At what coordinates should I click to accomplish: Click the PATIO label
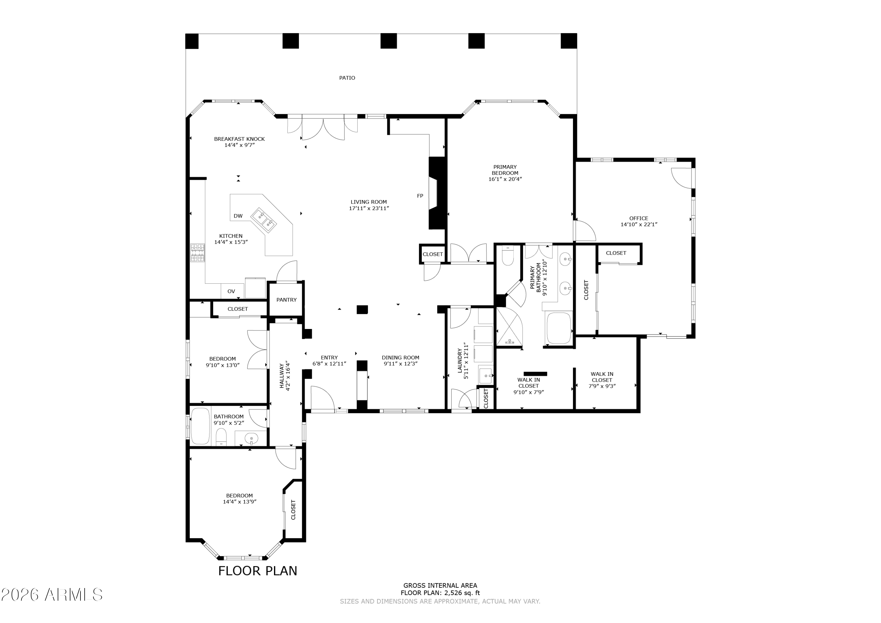click(347, 78)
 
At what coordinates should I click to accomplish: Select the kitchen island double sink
click(264, 220)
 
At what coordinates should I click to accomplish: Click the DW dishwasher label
click(238, 216)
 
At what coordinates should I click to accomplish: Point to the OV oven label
click(231, 291)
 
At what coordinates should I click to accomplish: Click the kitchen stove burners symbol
click(198, 253)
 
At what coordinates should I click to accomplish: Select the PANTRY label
click(286, 300)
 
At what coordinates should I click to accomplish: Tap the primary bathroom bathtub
click(559, 328)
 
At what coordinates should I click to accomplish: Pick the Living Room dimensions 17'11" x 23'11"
click(369, 209)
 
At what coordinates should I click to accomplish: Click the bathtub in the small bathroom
click(200, 426)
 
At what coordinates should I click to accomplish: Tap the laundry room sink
click(486, 375)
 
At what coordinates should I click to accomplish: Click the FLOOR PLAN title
click(258, 571)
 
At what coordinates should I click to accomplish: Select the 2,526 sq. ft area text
click(462, 593)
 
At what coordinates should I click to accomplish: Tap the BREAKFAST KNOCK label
click(239, 139)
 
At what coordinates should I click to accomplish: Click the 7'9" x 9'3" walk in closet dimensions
click(602, 386)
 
